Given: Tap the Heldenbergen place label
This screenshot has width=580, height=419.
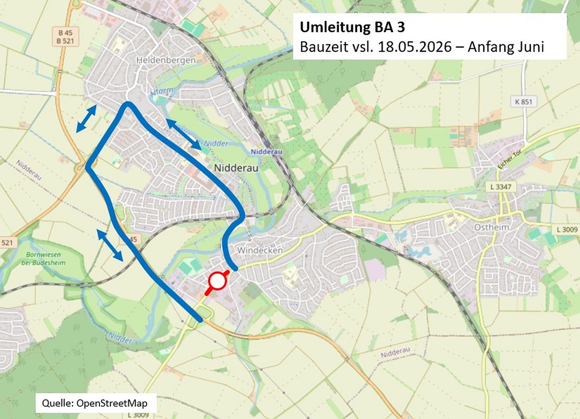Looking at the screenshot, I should coord(166,60).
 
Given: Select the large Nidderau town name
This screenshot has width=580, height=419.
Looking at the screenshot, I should coord(236,168).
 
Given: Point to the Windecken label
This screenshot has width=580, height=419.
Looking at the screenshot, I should coord(260,250).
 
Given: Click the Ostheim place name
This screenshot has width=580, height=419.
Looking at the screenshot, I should coord(492,227).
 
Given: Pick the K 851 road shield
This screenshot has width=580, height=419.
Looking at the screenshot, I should coord(523,102).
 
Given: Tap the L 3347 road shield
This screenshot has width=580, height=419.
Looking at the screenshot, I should coord(501,187).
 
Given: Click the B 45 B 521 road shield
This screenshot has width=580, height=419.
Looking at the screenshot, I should coord(65,37).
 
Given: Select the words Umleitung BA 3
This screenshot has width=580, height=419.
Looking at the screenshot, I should coord(352,27).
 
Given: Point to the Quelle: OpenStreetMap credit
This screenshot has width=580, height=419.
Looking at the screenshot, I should coord(95,403).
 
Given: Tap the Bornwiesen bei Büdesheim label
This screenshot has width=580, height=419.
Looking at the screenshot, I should coord(43,259).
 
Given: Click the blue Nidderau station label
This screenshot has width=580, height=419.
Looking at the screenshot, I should coord(266,152).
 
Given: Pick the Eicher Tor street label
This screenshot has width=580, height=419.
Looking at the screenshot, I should coord(510,159).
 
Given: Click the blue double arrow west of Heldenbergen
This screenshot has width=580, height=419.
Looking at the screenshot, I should coord(86,119).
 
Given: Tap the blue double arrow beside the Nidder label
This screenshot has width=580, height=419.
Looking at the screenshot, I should coord(184,134).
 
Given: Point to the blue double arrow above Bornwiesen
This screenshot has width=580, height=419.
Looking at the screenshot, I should coord(110,245).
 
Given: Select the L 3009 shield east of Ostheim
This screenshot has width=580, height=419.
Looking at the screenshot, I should coord(567,230).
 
